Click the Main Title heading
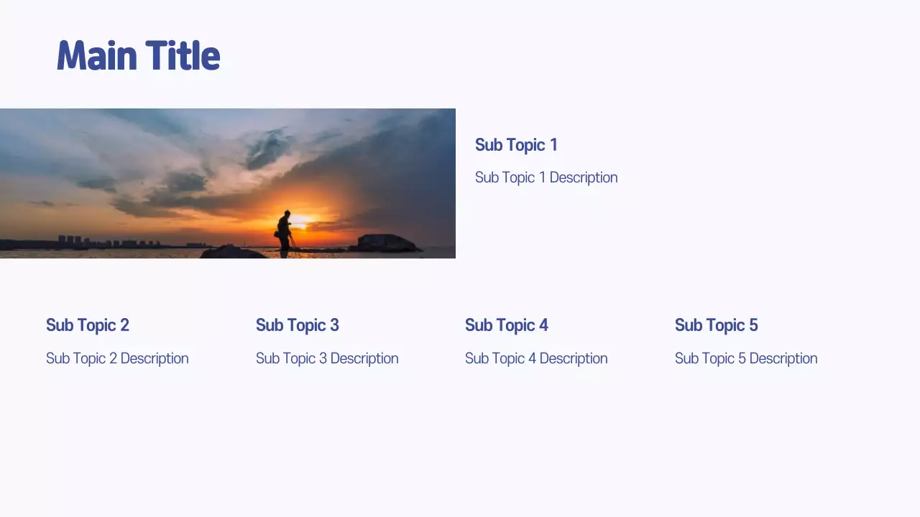(138, 56)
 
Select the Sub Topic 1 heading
(516, 145)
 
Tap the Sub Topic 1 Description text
(546, 177)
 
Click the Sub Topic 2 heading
(88, 325)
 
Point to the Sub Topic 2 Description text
(117, 358)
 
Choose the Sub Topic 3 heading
(298, 325)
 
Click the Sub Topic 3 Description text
(327, 358)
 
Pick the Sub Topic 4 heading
(507, 325)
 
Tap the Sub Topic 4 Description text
(536, 358)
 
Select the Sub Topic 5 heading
(717, 325)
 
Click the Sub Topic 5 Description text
(746, 358)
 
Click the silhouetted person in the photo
(285, 231)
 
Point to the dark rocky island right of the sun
(385, 243)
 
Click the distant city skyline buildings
(108, 242)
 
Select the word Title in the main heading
(183, 56)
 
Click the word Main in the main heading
(98, 56)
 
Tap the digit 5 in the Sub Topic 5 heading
(753, 325)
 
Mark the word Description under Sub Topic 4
(574, 358)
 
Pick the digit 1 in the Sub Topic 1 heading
(553, 145)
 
